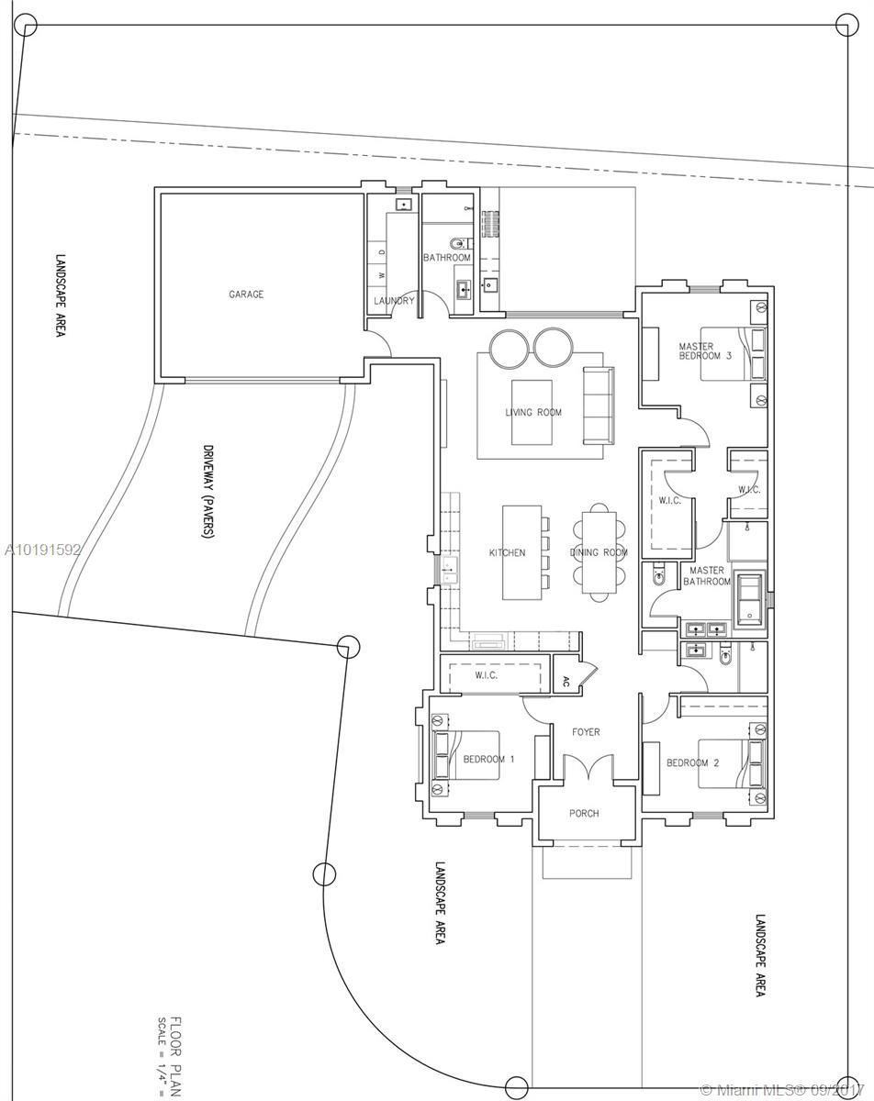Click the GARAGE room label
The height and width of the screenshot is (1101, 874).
pos(246,295)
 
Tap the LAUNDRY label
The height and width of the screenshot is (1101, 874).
pos(394,301)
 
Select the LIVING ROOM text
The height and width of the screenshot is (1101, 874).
pos(533,412)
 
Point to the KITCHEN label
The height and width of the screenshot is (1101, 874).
pos(507,552)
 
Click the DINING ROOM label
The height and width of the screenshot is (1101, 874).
pos(599,552)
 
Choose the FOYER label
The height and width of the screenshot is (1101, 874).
pos(586,732)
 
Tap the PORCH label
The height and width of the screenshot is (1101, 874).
pos(584,813)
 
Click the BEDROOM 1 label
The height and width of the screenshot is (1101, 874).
pos(488,760)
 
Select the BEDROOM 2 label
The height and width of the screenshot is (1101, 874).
pos(692,762)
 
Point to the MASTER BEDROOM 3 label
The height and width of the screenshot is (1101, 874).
pos(705,351)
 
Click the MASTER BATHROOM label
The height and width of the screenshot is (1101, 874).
pos(707,575)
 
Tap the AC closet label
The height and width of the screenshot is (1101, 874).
pos(566,681)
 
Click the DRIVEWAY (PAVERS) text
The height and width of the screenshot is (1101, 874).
pos(207,491)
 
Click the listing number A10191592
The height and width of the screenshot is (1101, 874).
pos(42,550)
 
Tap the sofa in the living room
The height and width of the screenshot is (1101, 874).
pos(598,406)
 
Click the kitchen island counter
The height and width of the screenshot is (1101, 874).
pos(521,552)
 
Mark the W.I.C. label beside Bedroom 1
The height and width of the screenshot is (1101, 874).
pos(486,675)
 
